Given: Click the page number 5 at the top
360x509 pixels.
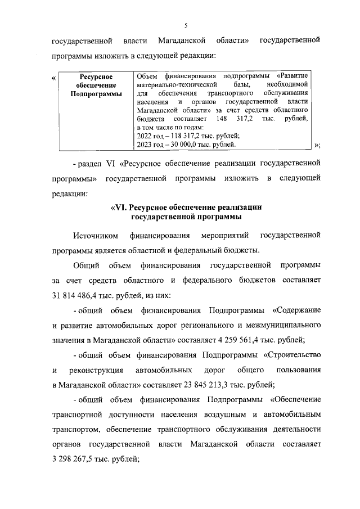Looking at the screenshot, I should [186, 25].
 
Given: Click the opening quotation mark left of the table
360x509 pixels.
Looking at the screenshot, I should [53, 77].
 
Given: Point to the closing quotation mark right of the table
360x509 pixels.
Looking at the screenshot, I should [317, 145].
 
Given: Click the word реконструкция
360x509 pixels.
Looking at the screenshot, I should [96, 371].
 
